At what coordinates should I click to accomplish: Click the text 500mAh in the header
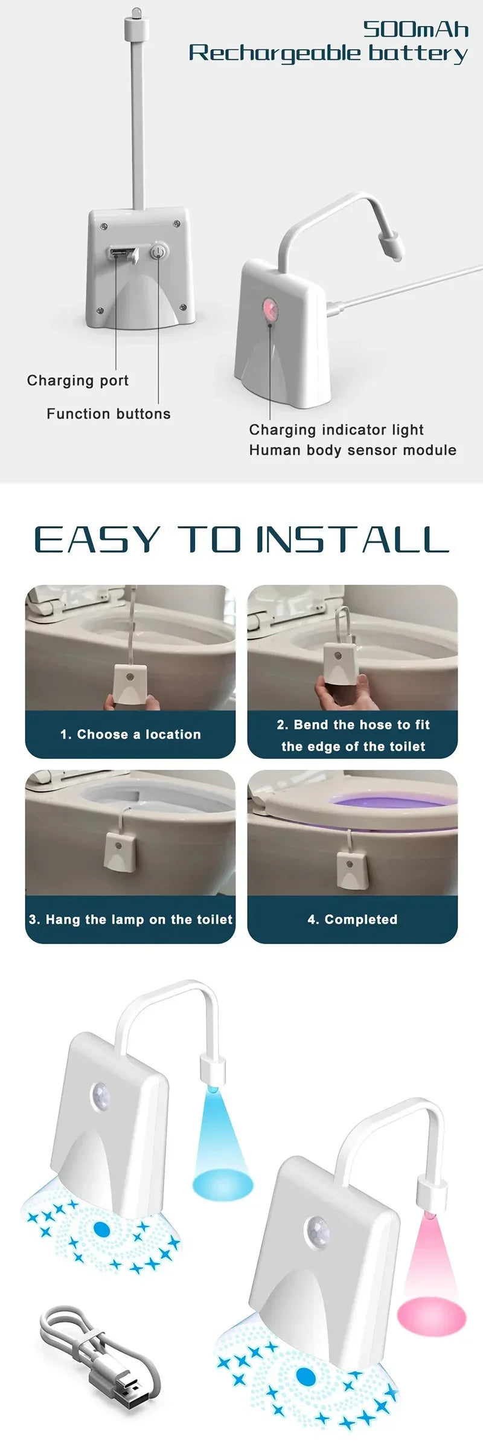(415, 29)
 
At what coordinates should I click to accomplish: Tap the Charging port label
(78, 381)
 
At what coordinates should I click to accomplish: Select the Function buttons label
(109, 414)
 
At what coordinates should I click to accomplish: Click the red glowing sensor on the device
(269, 310)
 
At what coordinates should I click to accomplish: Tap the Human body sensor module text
(353, 450)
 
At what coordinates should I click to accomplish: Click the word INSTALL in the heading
(353, 540)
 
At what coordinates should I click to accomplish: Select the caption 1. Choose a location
(130, 735)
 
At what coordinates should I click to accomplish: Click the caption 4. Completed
(353, 920)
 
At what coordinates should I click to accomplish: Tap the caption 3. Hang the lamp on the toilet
(130, 920)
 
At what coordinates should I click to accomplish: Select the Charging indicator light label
(336, 430)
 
